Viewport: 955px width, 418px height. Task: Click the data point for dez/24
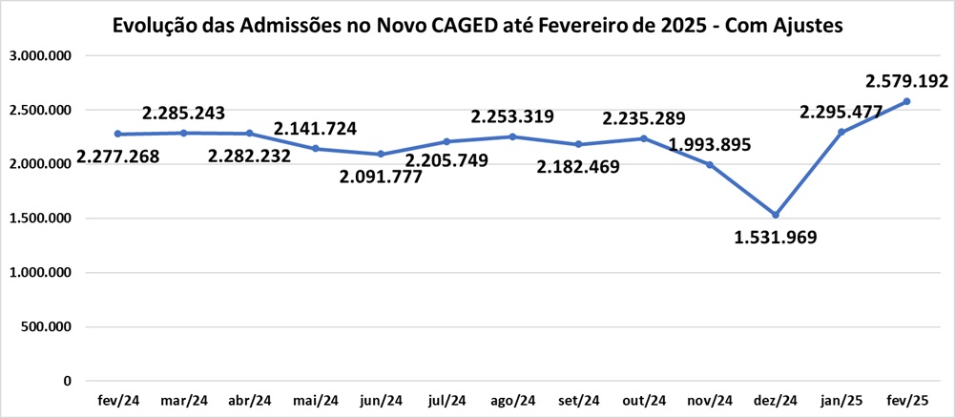(776, 215)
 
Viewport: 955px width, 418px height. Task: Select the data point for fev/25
(907, 101)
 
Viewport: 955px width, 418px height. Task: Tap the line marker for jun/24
(381, 154)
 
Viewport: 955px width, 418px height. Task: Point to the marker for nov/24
(710, 165)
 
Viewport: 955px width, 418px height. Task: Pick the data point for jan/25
(841, 132)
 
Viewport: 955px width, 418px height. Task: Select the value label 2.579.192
(906, 80)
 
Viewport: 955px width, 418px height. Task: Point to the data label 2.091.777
(382, 178)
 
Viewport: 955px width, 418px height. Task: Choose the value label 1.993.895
(710, 145)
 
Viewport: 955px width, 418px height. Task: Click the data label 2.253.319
(512, 116)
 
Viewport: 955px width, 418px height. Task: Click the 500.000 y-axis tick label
(48, 327)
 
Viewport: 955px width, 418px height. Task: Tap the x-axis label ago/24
(512, 401)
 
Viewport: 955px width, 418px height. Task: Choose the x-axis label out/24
(644, 401)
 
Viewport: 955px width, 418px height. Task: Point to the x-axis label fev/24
(117, 401)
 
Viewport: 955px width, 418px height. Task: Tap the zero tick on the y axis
(67, 382)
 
